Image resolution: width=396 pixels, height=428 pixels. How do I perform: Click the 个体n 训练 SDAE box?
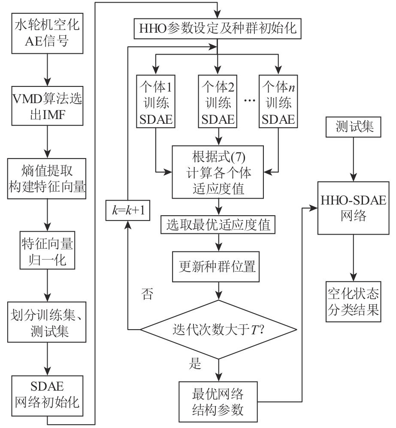278,101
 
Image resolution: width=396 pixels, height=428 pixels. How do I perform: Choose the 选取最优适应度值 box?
219,225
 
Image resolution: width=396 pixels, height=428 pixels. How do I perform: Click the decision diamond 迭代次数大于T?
219,330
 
